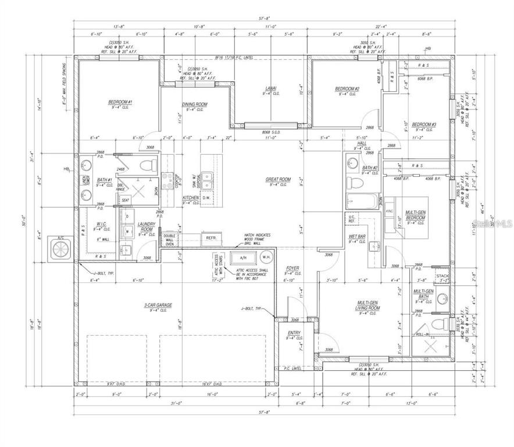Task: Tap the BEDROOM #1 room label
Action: [x=120, y=102]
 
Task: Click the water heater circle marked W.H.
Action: [x=267, y=258]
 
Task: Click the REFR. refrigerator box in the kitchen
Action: [x=210, y=237]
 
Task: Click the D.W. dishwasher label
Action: [x=206, y=198]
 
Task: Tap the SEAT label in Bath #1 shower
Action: [x=125, y=200]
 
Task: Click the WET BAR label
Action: [x=356, y=236]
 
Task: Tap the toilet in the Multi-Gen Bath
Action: [x=444, y=323]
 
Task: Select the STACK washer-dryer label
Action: [x=442, y=276]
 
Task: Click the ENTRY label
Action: [x=293, y=332]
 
